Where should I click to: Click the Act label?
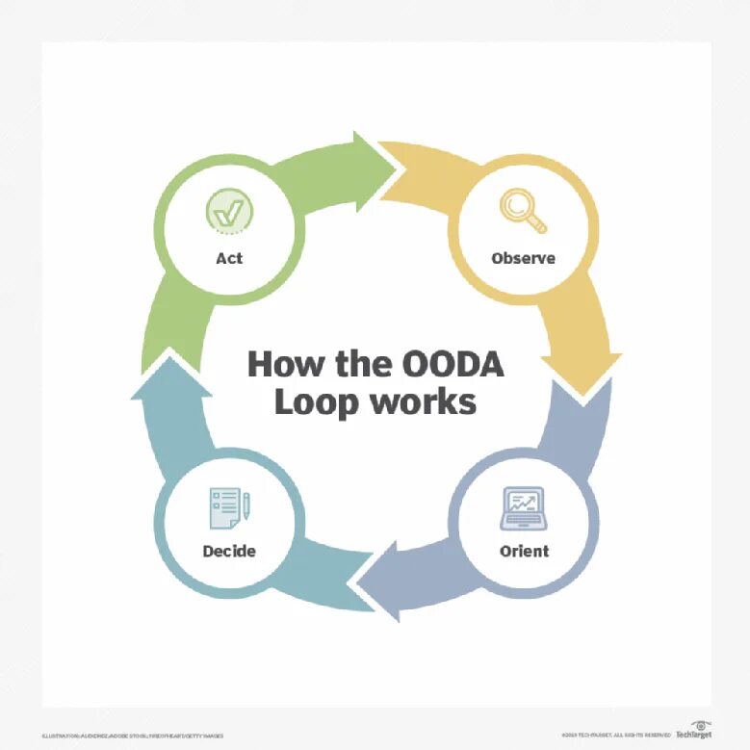pos(229,258)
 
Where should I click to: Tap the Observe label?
pos(523,258)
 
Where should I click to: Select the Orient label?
pos(524,551)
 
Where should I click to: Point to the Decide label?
pos(229,551)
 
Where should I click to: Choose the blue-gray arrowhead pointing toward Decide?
pos(371,576)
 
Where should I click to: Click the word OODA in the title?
pos(450,365)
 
